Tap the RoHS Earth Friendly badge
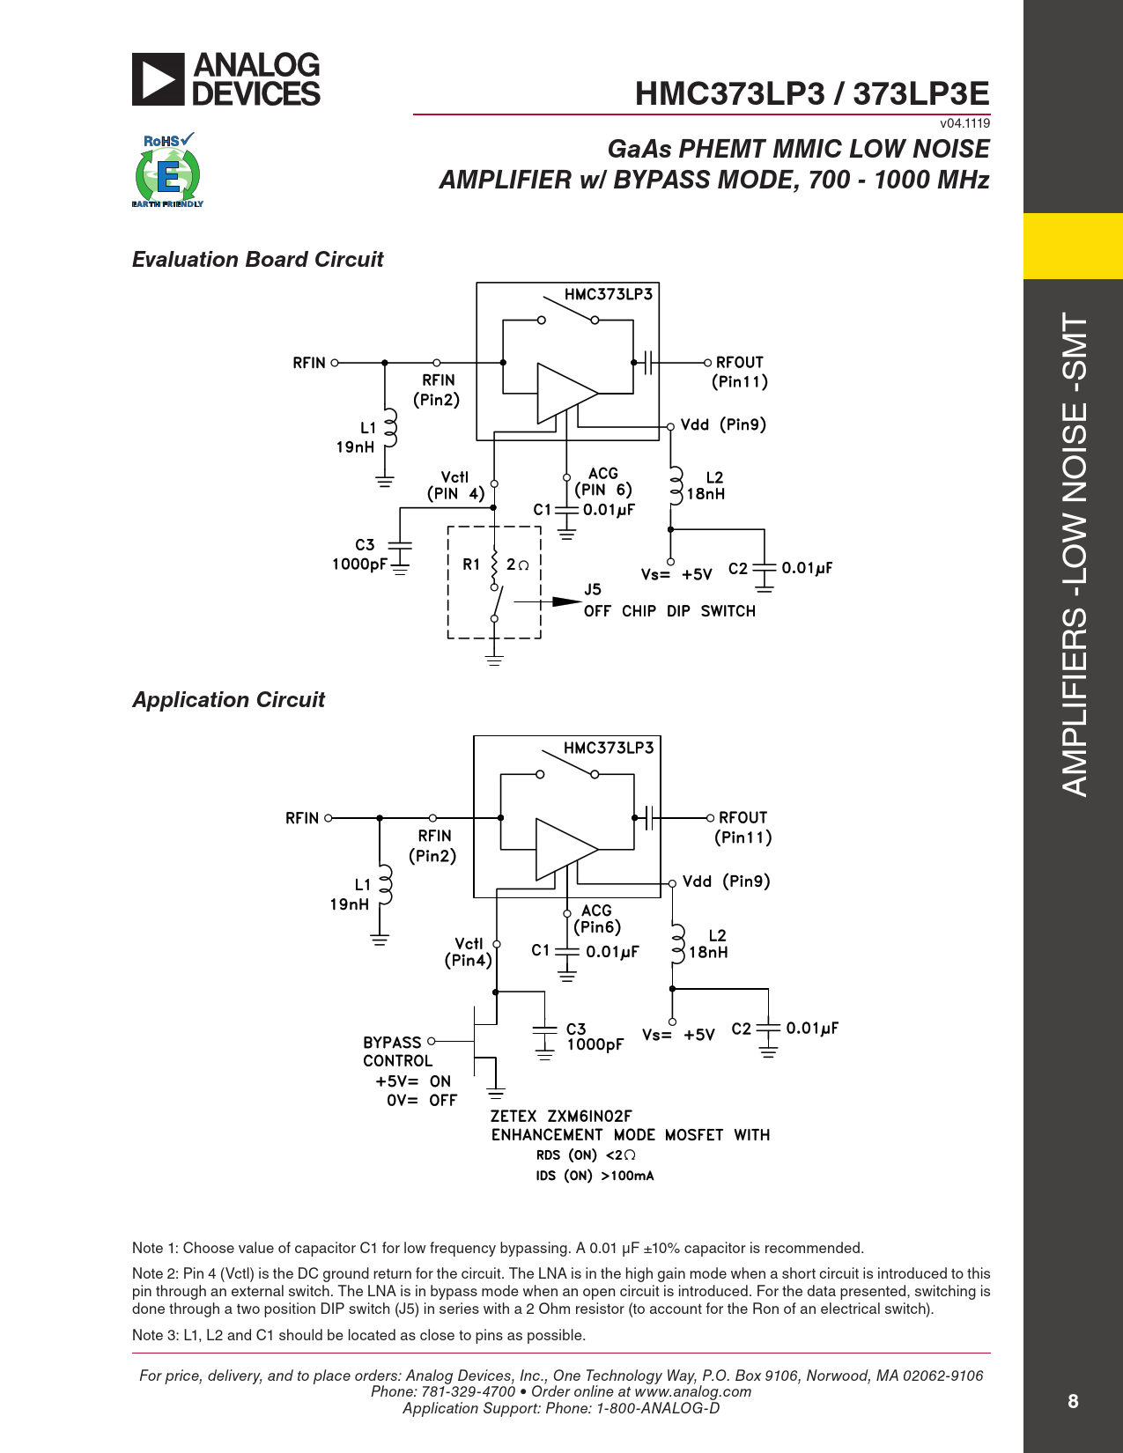click(167, 171)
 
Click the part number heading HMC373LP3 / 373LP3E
click(811, 93)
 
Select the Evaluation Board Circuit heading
click(257, 260)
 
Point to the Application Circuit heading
click(228, 700)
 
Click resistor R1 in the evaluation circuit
click(494, 564)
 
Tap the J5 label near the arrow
click(592, 590)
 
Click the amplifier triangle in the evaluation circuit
click(565, 393)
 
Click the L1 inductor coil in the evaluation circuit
click(389, 432)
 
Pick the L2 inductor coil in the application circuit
click(676, 943)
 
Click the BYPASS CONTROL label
click(397, 1051)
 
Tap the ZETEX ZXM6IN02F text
click(561, 1117)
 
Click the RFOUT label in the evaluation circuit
click(739, 363)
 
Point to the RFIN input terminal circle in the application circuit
click(329, 818)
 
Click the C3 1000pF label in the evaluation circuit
click(360, 555)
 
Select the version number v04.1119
click(964, 123)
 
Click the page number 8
click(1073, 1401)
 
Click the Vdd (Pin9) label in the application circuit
click(726, 881)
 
